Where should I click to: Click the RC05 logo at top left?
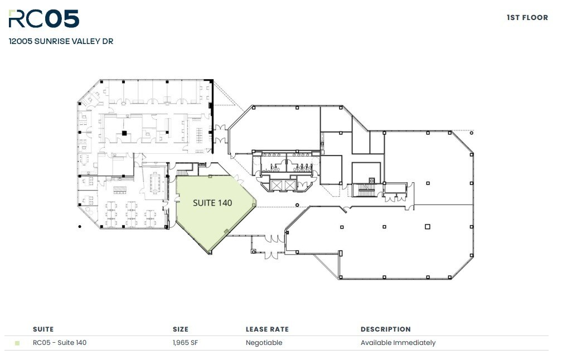pyautogui.click(x=43, y=19)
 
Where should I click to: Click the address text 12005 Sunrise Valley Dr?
pyautogui.click(x=61, y=41)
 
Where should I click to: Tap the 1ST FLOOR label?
pyautogui.click(x=527, y=18)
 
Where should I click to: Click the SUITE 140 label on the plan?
pyautogui.click(x=212, y=203)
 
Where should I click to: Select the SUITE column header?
pyautogui.click(x=43, y=329)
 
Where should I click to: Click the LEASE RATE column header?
pyautogui.click(x=267, y=329)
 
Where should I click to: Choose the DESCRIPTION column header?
pyautogui.click(x=385, y=329)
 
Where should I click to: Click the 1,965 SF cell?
pyautogui.click(x=186, y=343)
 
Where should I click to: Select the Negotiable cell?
pyautogui.click(x=264, y=343)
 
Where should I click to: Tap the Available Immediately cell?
pyautogui.click(x=398, y=343)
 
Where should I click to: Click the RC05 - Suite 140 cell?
pyautogui.click(x=60, y=343)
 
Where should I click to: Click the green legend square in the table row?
pyautogui.click(x=17, y=343)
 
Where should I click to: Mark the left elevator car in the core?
pyautogui.click(x=276, y=184)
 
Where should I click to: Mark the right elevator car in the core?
pyautogui.click(x=290, y=184)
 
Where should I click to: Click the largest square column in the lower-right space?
pyautogui.click(x=427, y=226)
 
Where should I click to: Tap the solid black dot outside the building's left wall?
pyautogui.click(x=80, y=226)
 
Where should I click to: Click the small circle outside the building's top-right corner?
pyautogui.click(x=472, y=133)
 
